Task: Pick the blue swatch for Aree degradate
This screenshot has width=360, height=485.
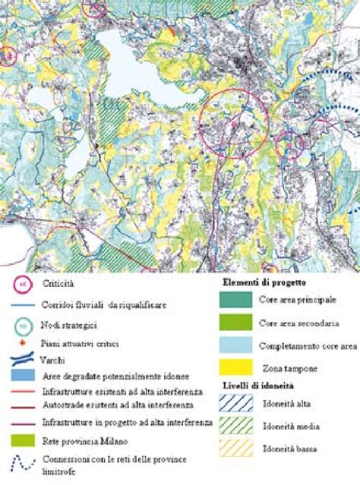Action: point(24,376)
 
